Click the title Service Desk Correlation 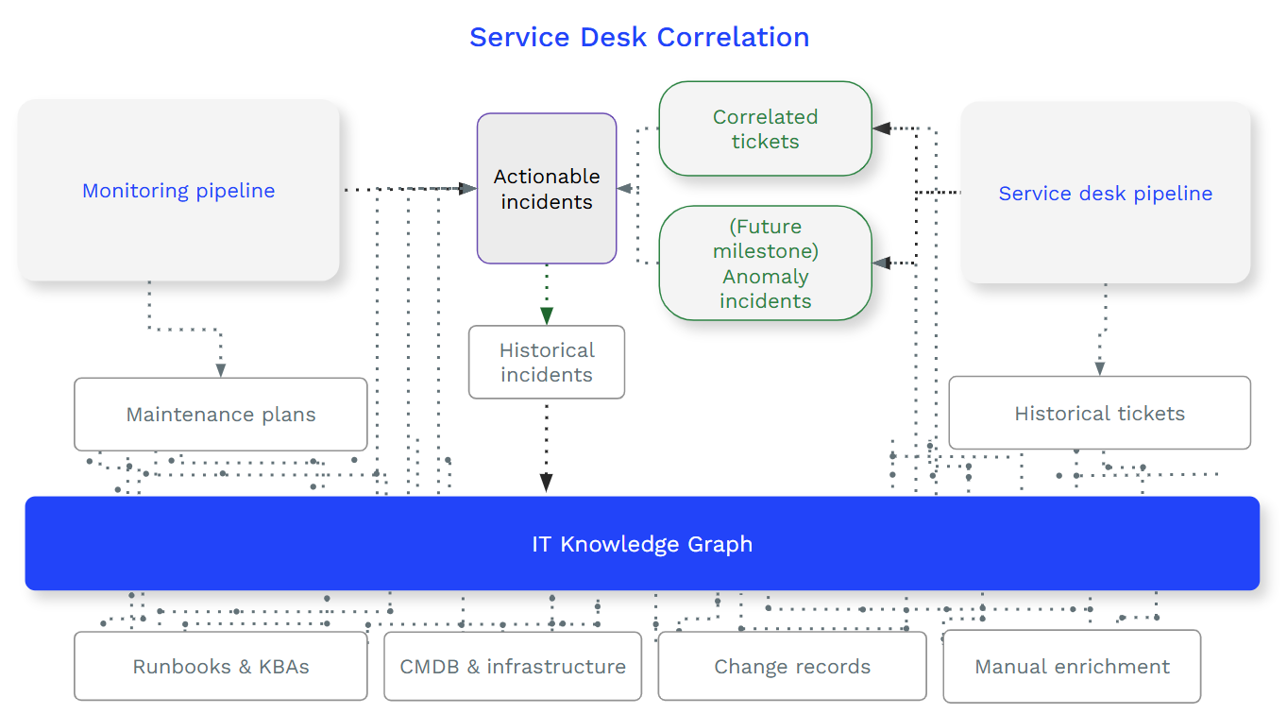click(639, 37)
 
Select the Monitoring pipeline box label click(178, 191)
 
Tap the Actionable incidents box click(546, 189)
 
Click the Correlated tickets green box click(765, 129)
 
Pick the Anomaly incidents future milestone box click(765, 263)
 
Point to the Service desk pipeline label click(1105, 194)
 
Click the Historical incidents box click(546, 363)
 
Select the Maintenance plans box click(221, 415)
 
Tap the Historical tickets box click(1099, 414)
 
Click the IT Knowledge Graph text click(642, 544)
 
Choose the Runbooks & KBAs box click(221, 667)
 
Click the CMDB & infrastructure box click(513, 667)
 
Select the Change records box click(791, 667)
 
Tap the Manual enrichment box click(1072, 667)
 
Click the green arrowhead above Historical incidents click(546, 315)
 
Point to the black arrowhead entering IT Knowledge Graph click(546, 483)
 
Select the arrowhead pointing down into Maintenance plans click(220, 369)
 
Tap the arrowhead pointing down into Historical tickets click(1100, 367)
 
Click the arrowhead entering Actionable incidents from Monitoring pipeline click(466, 189)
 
